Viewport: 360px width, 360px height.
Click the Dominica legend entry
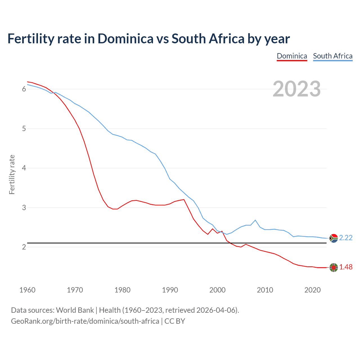292,56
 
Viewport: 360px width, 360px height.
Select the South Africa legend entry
333,56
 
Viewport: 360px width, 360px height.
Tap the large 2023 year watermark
297,89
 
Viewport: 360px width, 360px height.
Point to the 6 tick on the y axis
24,89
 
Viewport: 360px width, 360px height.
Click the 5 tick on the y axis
24,129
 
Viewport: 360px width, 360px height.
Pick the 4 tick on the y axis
24,168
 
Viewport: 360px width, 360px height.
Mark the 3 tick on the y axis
24,208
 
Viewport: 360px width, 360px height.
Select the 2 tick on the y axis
24,247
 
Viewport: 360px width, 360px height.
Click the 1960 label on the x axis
27,290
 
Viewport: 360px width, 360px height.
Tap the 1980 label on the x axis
122,290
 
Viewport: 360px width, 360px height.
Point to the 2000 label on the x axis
217,290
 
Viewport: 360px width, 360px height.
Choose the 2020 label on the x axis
312,290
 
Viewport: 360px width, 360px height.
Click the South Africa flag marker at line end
334,238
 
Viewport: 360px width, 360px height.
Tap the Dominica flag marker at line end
334,267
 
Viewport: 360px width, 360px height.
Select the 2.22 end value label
346,238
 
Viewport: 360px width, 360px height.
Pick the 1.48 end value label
346,267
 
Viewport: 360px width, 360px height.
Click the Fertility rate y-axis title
12,174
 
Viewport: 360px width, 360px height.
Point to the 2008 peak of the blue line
255,220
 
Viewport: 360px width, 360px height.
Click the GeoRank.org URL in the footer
85,321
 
